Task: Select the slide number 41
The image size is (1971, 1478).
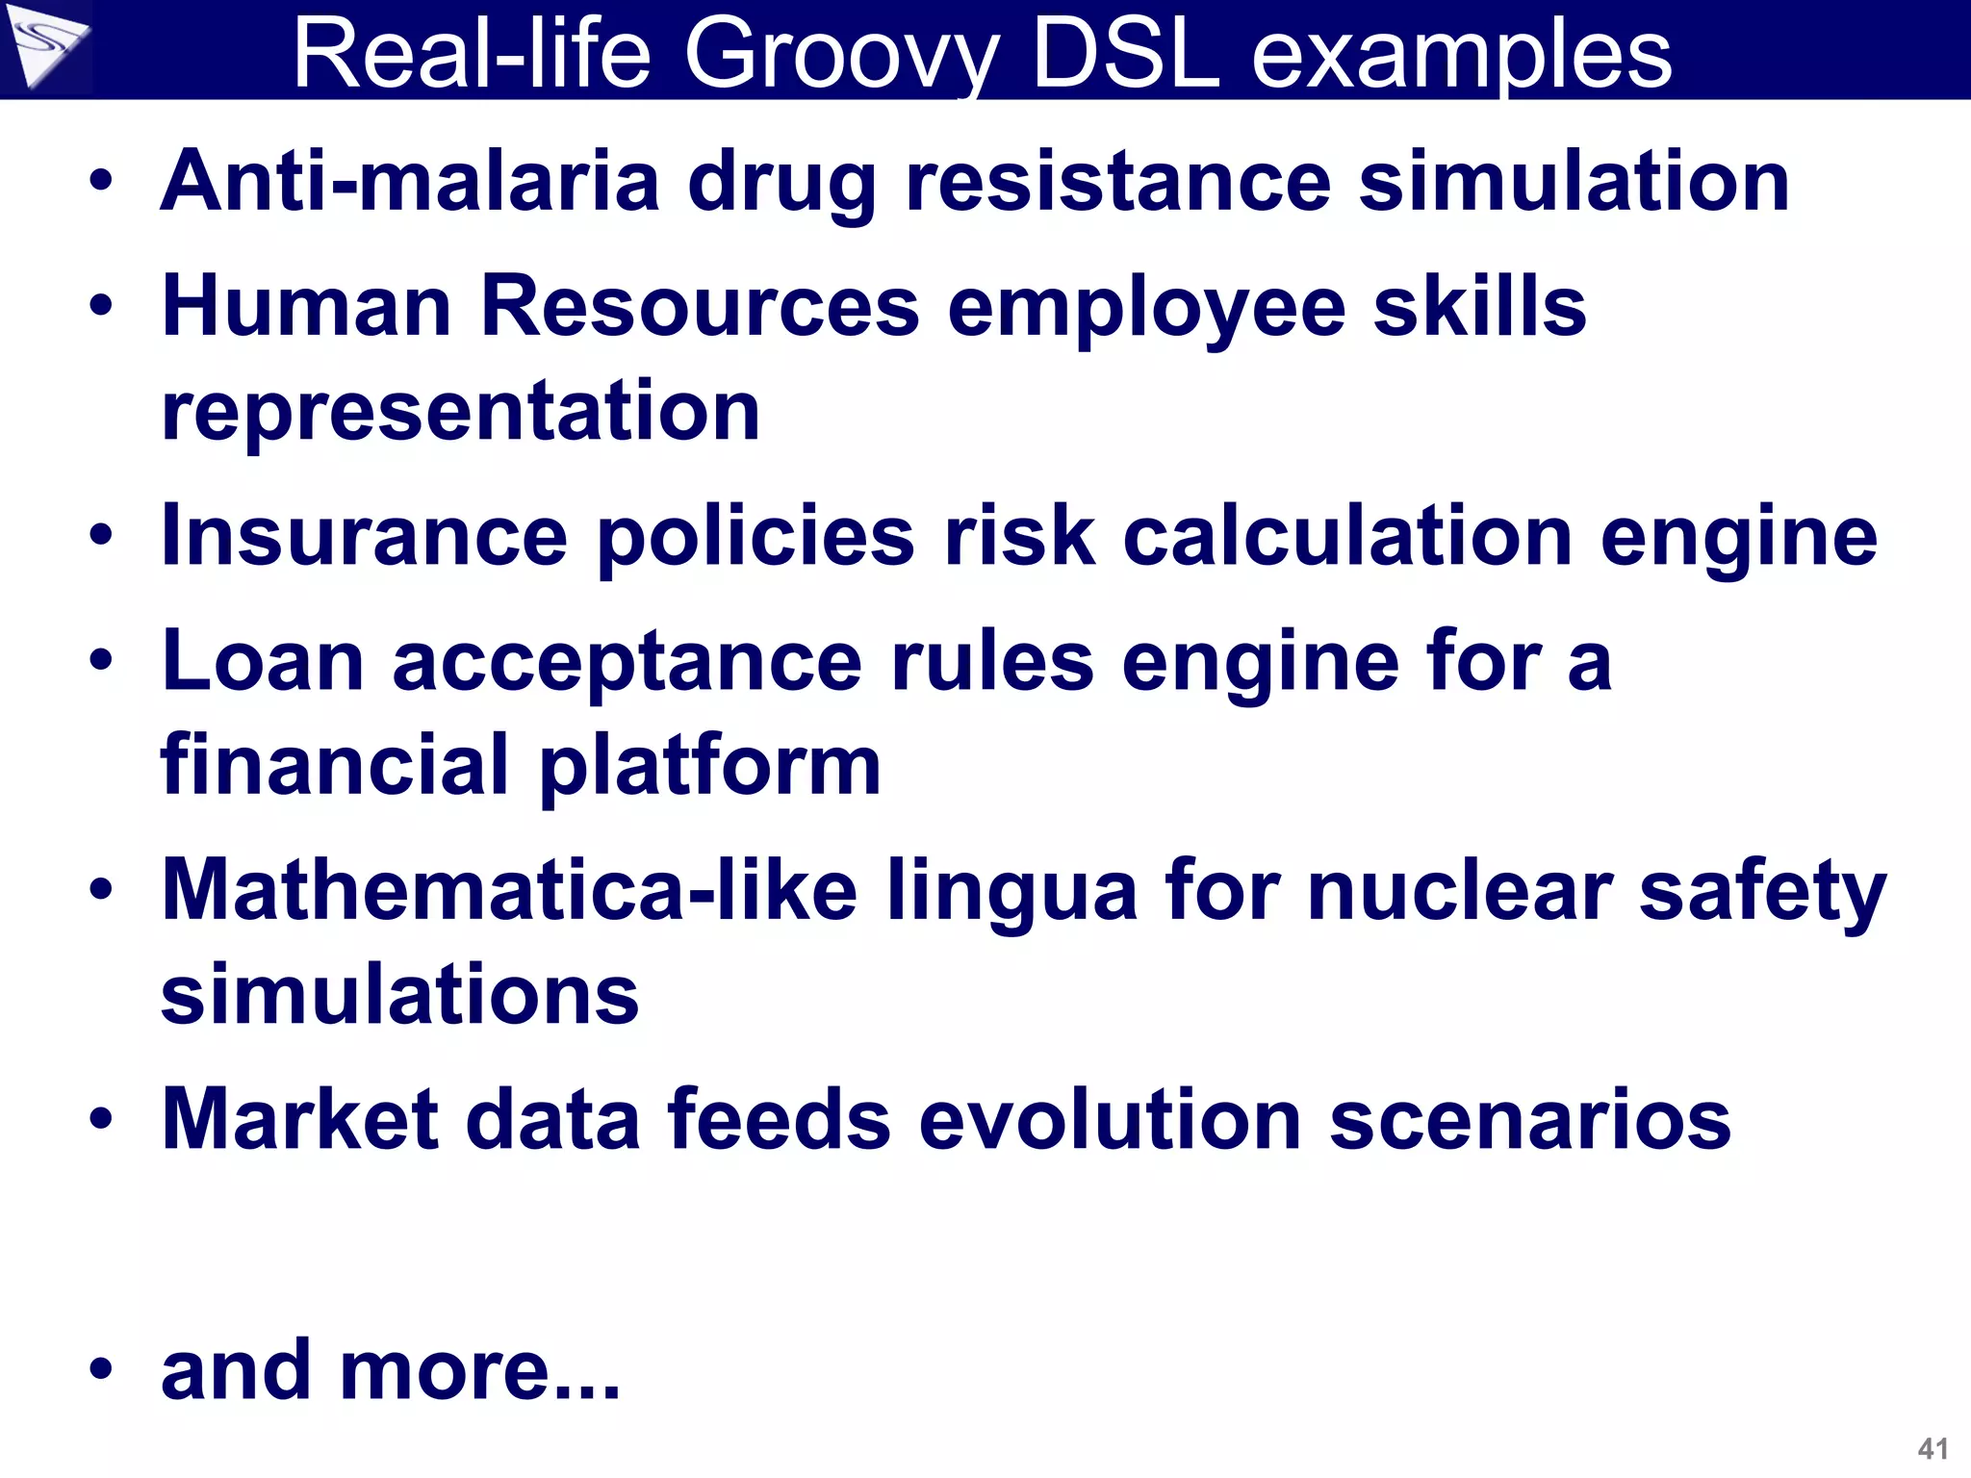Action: pyautogui.click(x=1933, y=1448)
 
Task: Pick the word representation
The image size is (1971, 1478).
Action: pyautogui.click(x=460, y=412)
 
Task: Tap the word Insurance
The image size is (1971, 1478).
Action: pyautogui.click(x=364, y=536)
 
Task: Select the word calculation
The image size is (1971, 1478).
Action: pyautogui.click(x=1346, y=536)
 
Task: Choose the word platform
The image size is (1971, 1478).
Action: pyautogui.click(x=709, y=767)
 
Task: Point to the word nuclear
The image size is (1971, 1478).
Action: pyautogui.click(x=1459, y=890)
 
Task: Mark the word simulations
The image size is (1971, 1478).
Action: pyautogui.click(x=399, y=995)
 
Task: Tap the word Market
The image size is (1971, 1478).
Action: pyautogui.click(x=299, y=1119)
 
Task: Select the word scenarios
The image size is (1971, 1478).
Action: pyautogui.click(x=1529, y=1119)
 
